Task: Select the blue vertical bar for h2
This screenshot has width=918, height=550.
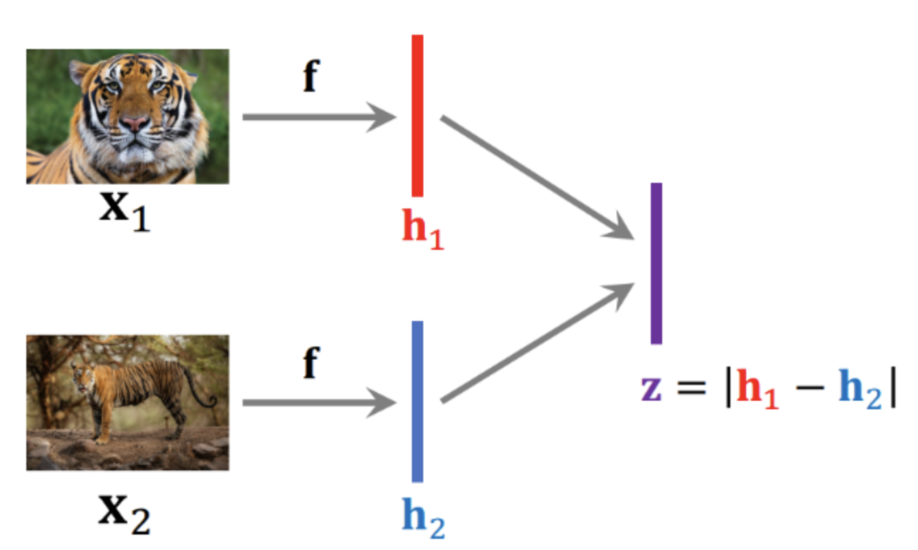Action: [x=417, y=401]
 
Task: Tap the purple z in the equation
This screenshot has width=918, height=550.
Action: [x=651, y=391]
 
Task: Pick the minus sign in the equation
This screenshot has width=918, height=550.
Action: [x=809, y=392]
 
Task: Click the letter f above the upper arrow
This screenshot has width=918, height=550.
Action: [x=311, y=77]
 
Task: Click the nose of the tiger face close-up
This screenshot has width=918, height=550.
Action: [x=135, y=123]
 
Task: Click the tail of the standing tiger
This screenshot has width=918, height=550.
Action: [x=194, y=391]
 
